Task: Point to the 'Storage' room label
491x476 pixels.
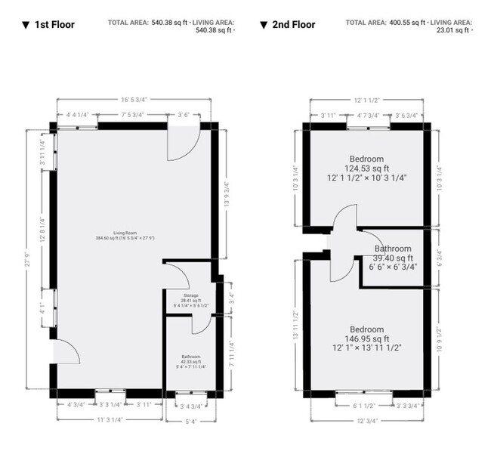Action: pyautogui.click(x=190, y=295)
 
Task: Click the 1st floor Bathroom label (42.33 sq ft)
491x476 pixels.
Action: pyautogui.click(x=190, y=357)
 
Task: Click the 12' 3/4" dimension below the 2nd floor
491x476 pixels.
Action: pyautogui.click(x=368, y=421)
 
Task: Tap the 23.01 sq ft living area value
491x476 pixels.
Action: pyautogui.click(x=449, y=31)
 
